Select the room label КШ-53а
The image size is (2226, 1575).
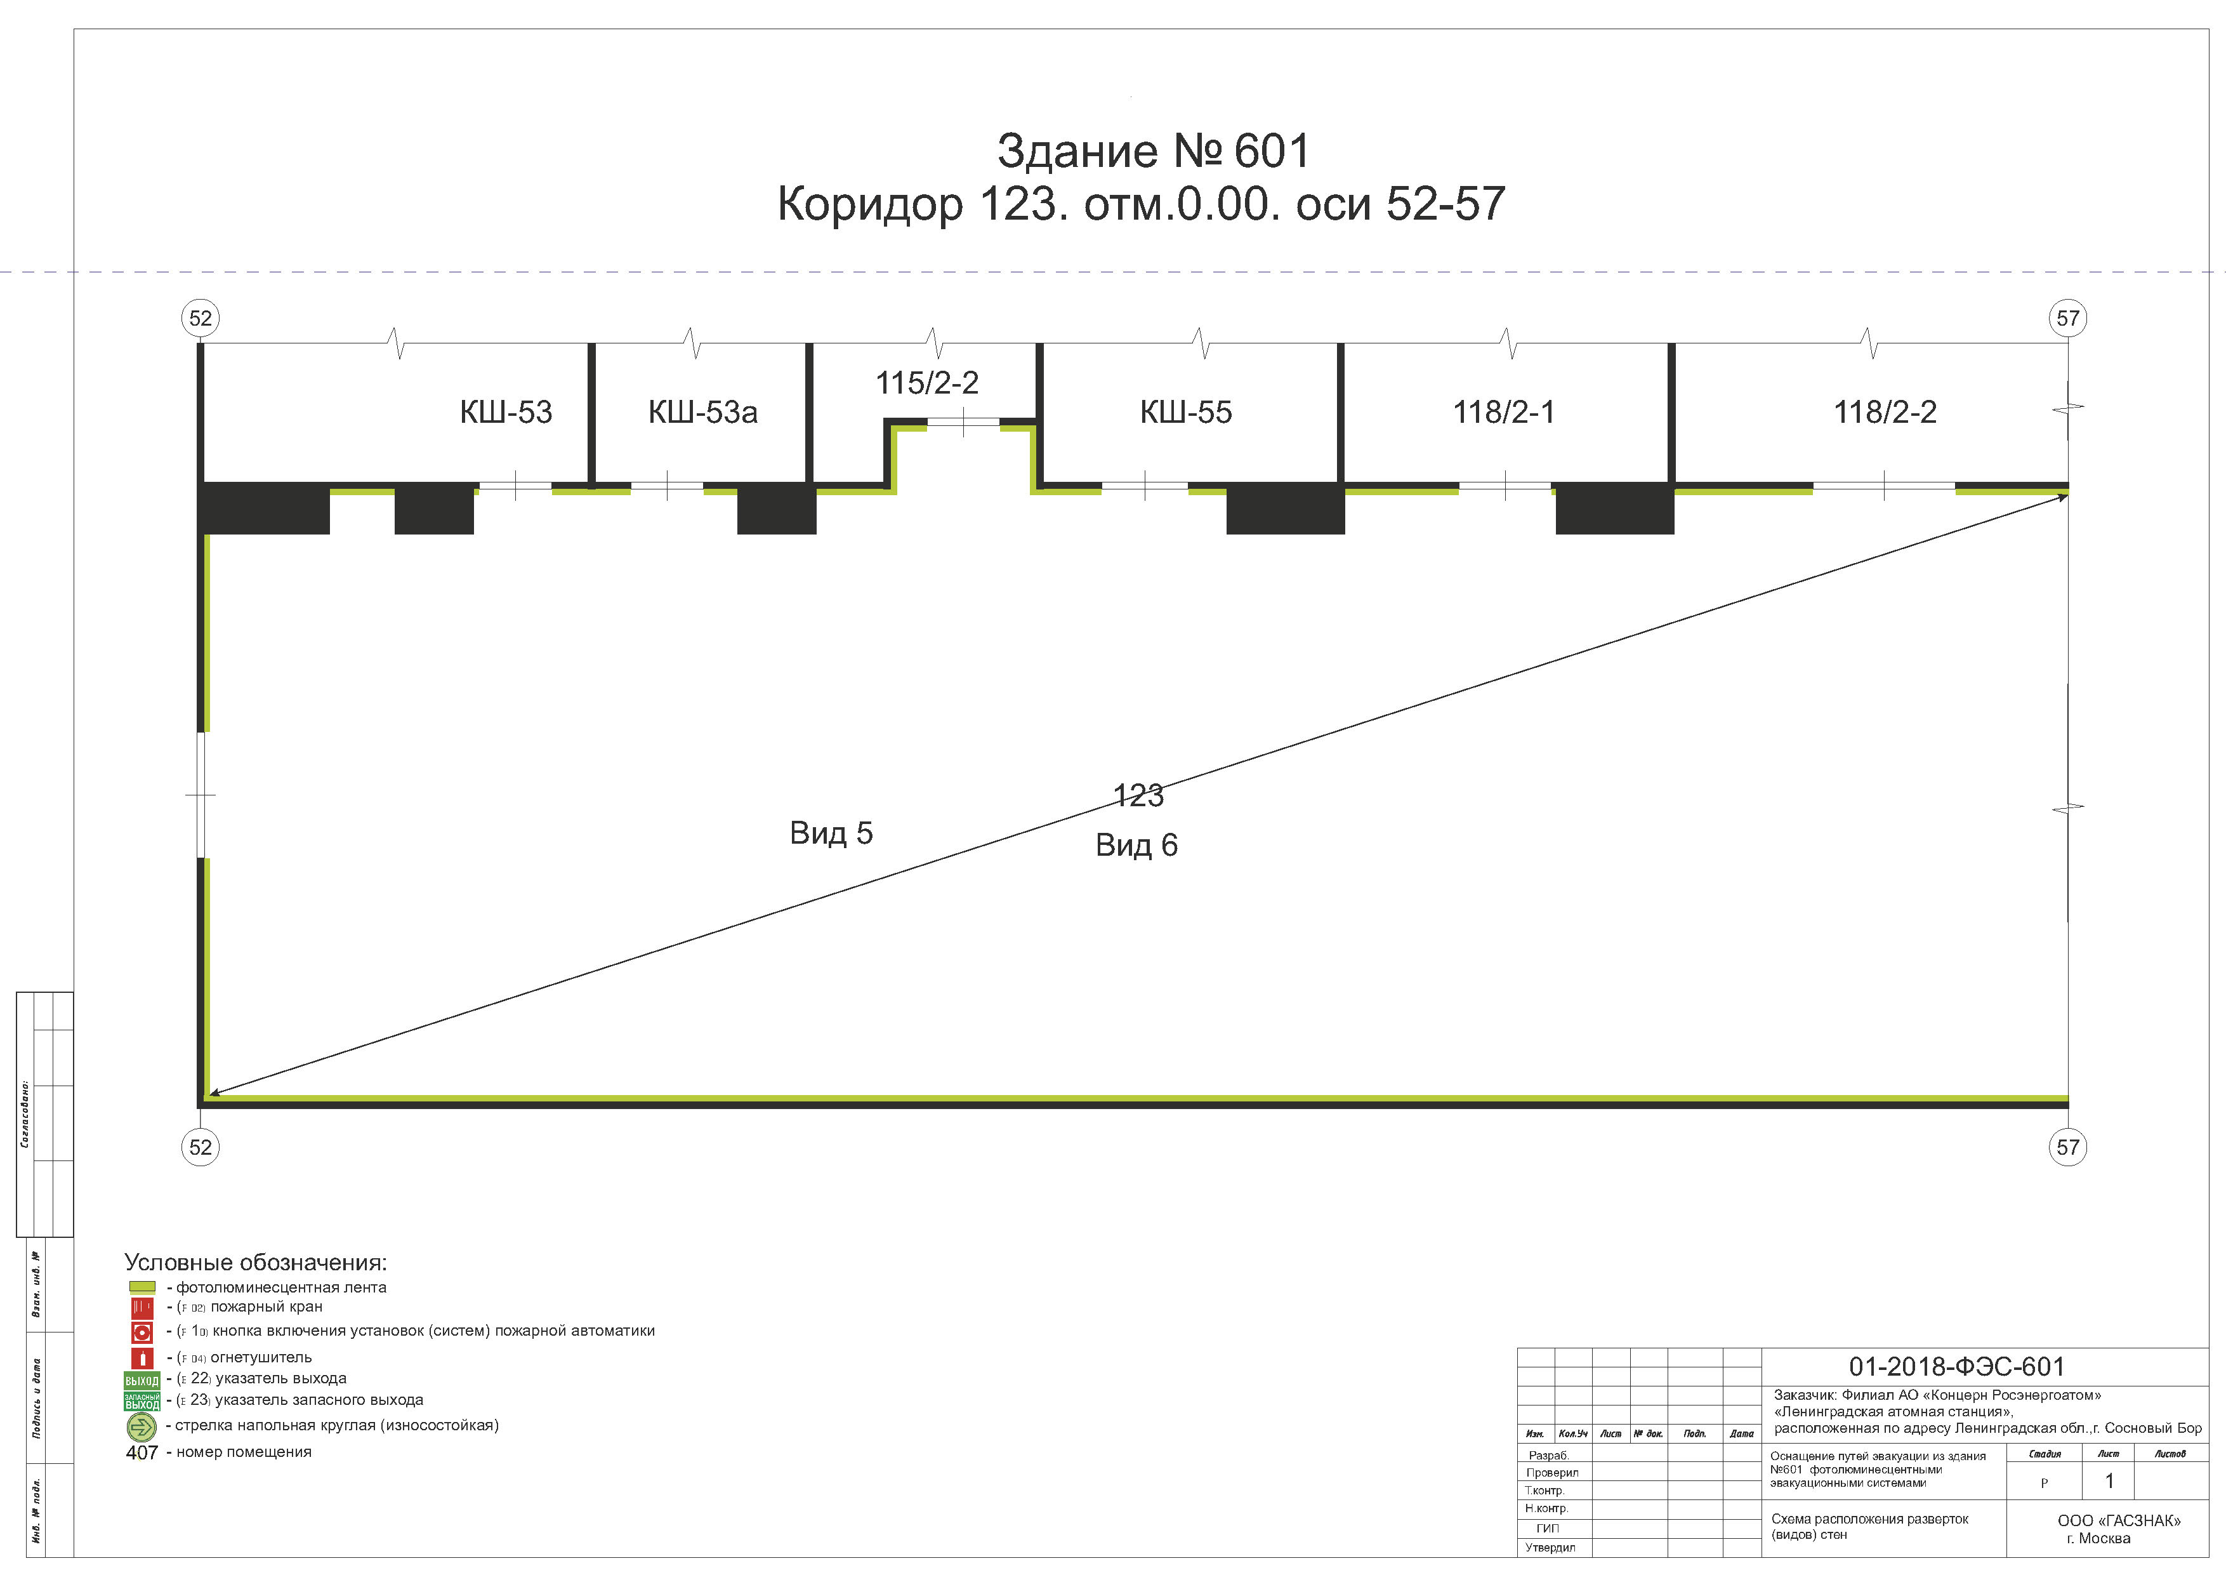pyautogui.click(x=703, y=412)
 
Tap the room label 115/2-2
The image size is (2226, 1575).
pyautogui.click(x=927, y=383)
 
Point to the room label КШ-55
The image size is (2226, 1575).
pyautogui.click(x=1186, y=412)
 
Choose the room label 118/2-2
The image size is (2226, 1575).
pyautogui.click(x=1885, y=412)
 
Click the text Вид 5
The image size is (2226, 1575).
pyautogui.click(x=831, y=833)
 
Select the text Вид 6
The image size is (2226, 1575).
pyautogui.click(x=1136, y=846)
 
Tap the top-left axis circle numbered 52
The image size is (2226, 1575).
pyautogui.click(x=201, y=318)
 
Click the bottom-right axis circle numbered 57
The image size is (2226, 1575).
pyautogui.click(x=2068, y=1147)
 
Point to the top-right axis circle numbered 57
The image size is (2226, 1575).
pyautogui.click(x=2068, y=318)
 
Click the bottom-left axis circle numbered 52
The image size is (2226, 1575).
pyautogui.click(x=201, y=1147)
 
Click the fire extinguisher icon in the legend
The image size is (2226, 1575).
pyautogui.click(x=142, y=1359)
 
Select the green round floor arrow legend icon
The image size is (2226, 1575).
pyautogui.click(x=142, y=1426)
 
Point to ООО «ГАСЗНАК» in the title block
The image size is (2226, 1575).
pyautogui.click(x=2118, y=1520)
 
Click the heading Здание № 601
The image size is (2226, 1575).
pyautogui.click(x=1153, y=151)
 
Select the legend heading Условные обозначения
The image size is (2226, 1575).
pyautogui.click(x=256, y=1263)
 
